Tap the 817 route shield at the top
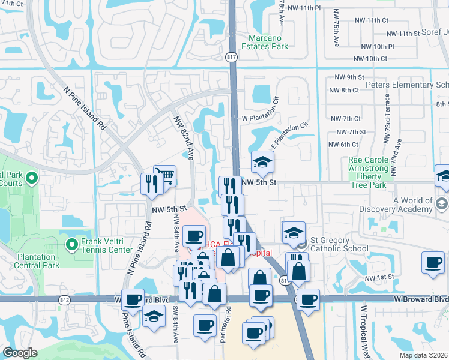[231, 57]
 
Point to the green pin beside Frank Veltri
[73, 244]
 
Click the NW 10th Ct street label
[370, 59]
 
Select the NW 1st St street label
[379, 277]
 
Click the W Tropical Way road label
[363, 330]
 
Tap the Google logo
[20, 353]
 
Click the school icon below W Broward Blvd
[154, 316]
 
